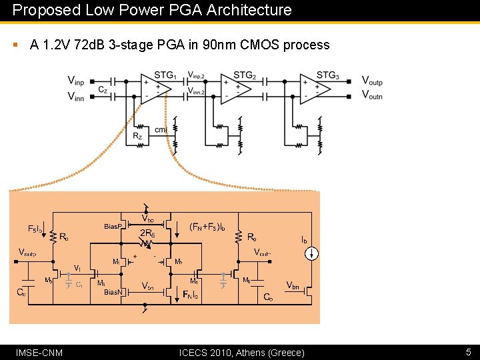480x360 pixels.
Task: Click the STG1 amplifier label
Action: (x=165, y=75)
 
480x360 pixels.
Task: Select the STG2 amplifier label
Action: (x=245, y=75)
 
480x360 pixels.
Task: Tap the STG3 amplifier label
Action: (x=327, y=75)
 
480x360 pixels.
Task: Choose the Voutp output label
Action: (x=372, y=81)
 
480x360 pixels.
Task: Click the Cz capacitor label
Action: (x=103, y=89)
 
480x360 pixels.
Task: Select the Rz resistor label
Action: (x=137, y=136)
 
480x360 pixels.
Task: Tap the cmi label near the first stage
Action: (x=160, y=129)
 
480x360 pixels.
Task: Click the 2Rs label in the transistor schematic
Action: (x=147, y=233)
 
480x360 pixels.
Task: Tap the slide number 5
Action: (x=468, y=351)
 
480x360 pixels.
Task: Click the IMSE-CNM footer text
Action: (x=39, y=352)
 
